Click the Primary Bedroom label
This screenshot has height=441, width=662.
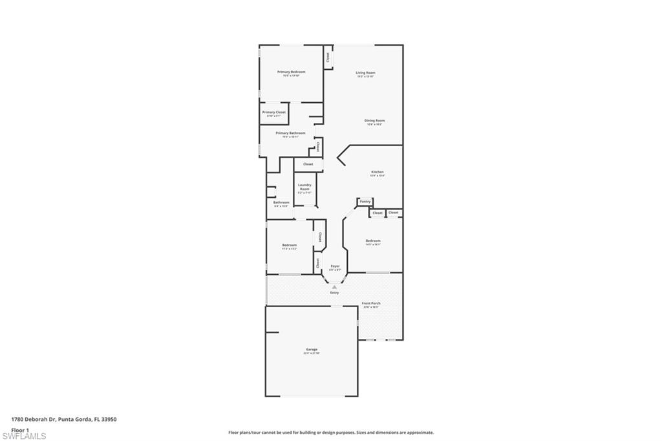click(291, 72)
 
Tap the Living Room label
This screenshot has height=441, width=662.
click(365, 72)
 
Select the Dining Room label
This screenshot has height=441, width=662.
click(374, 120)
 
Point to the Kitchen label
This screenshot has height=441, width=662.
click(377, 172)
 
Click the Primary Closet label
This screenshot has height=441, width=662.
click(273, 113)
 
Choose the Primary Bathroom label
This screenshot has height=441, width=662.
click(290, 133)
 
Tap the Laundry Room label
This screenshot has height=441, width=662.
click(304, 187)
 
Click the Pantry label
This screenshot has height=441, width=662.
click(365, 201)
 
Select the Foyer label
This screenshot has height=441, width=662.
click(335, 266)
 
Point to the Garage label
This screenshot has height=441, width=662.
click(312, 350)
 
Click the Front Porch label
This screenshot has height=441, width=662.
click(371, 303)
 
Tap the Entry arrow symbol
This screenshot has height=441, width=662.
click(334, 287)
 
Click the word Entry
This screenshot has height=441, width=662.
click(334, 293)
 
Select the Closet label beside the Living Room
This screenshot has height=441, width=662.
click(328, 57)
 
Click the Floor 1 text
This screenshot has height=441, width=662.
click(20, 429)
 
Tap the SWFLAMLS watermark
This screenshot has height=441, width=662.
click(24, 436)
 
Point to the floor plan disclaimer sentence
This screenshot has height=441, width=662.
click(330, 433)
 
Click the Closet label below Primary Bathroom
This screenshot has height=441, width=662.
click(308, 164)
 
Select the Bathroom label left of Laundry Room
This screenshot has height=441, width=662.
click(281, 202)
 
